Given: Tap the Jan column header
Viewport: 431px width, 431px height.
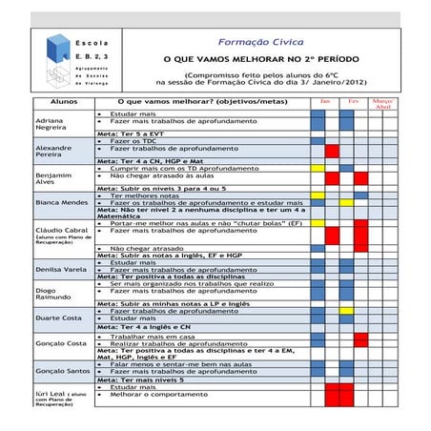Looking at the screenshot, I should click(324, 100).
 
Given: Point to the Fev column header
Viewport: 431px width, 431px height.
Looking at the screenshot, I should click(353, 100).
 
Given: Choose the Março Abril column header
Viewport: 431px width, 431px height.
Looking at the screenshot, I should click(383, 103).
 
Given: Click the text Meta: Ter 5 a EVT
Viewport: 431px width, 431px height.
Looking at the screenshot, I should click(135, 135).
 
